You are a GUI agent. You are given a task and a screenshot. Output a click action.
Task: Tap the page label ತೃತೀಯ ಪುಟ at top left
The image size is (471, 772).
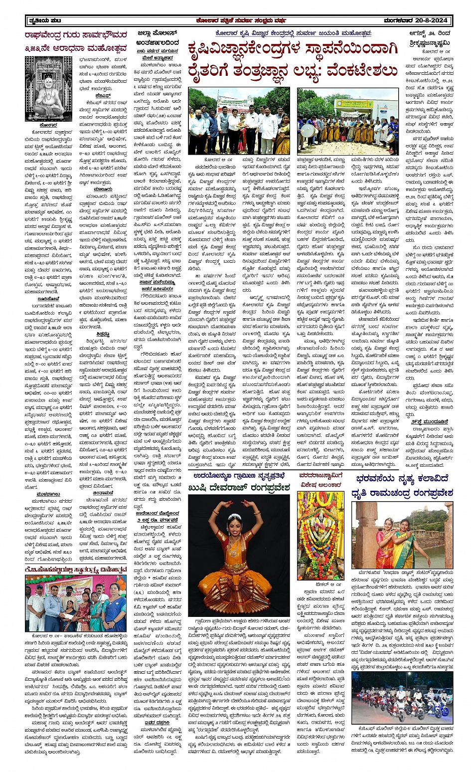[x=45, y=20]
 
